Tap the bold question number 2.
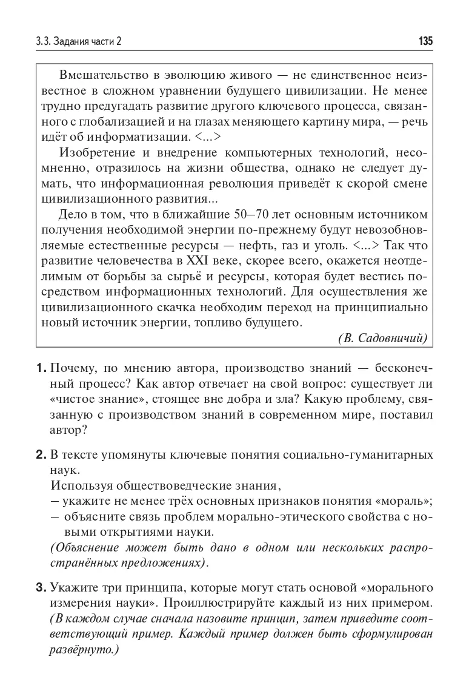pyautogui.click(x=41, y=454)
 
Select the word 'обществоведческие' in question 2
pyautogui.click(x=165, y=485)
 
